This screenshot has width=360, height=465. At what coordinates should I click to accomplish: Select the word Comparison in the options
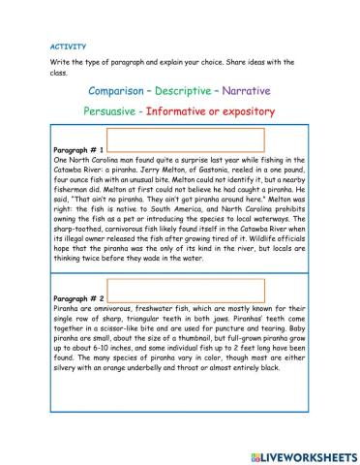[120, 90]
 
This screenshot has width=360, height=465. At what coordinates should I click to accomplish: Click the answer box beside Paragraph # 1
[185, 141]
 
